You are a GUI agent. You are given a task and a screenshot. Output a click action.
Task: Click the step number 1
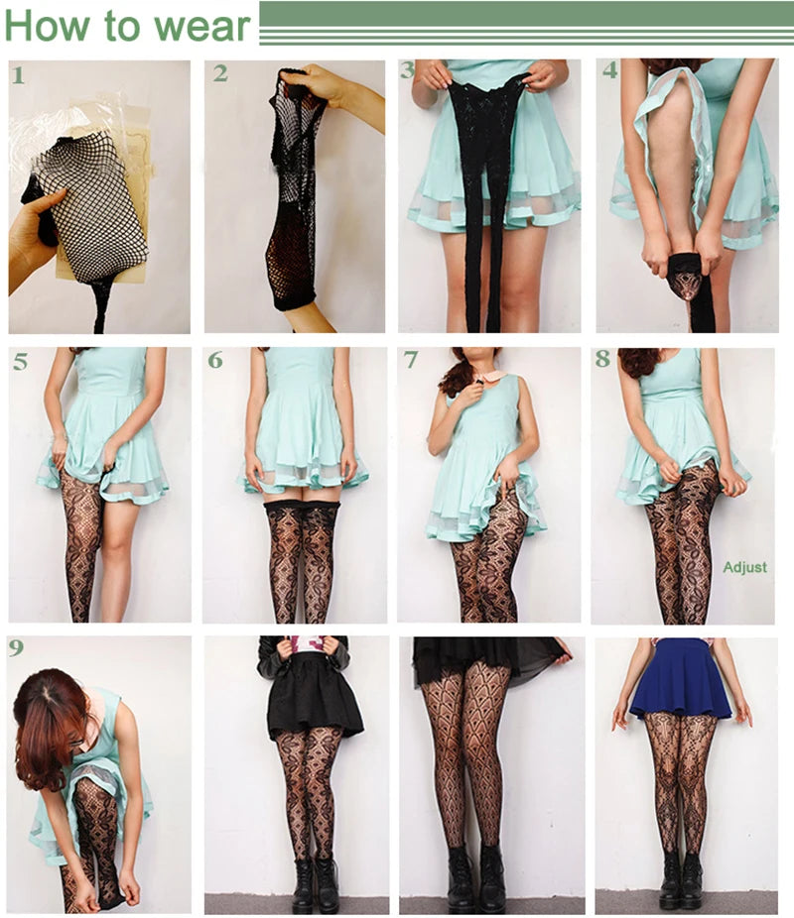tap(18, 75)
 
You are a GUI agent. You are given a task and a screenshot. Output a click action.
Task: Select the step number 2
tap(220, 73)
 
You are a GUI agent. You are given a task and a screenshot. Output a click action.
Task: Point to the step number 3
tap(407, 70)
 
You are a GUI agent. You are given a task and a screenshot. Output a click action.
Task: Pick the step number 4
tap(610, 70)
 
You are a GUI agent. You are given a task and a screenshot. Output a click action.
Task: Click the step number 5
tap(21, 361)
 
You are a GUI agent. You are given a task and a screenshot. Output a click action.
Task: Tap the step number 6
tap(215, 360)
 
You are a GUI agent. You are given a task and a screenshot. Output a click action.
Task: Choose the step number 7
tap(411, 360)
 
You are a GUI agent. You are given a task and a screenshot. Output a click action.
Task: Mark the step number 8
tap(603, 358)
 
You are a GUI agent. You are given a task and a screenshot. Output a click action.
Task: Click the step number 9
tap(16, 647)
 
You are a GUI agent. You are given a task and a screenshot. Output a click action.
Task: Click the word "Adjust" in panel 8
tap(744, 567)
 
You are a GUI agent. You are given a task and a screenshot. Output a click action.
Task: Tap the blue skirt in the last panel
tap(680, 679)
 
